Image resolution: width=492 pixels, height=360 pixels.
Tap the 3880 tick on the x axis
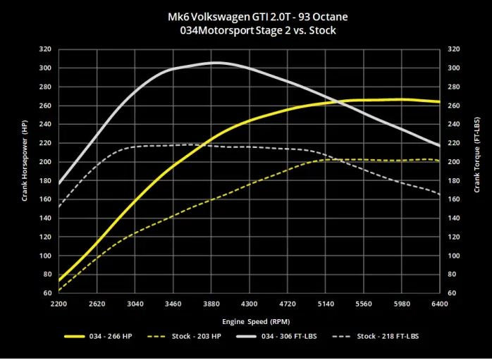tap(212, 304)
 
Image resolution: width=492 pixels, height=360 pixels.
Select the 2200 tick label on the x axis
tap(59, 304)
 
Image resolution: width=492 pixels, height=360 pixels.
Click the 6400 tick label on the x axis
tap(440, 304)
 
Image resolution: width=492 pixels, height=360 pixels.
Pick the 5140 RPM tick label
tap(325, 304)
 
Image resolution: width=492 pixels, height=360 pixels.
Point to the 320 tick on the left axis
tap(45, 49)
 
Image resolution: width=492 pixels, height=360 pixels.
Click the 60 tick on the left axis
tap(47, 293)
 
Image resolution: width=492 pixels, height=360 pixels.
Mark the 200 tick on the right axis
tap(454, 162)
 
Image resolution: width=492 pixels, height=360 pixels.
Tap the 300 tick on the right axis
tap(454, 68)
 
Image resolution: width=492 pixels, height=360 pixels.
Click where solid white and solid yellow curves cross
tap(336, 102)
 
